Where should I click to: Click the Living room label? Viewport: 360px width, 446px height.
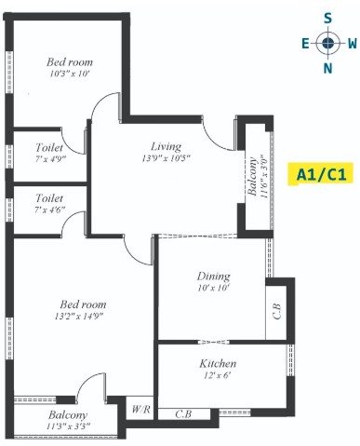[166, 146]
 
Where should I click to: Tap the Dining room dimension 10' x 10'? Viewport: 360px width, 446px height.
[213, 288]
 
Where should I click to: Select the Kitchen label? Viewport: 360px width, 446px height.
[218, 363]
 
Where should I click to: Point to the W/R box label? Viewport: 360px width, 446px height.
[140, 410]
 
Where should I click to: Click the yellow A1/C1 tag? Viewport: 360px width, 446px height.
[321, 174]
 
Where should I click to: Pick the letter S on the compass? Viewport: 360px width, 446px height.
[327, 19]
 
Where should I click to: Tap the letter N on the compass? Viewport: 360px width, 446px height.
[327, 68]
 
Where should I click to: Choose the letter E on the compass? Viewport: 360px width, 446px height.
[305, 44]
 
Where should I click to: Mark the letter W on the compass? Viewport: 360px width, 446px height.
[353, 44]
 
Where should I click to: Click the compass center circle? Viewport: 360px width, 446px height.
[327, 44]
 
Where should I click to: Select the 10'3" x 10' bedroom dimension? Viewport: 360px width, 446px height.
[70, 74]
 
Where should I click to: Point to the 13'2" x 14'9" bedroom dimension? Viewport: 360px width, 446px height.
[79, 317]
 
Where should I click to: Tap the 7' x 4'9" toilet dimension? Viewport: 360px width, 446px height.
[50, 159]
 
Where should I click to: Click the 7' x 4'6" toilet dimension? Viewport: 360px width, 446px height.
[49, 209]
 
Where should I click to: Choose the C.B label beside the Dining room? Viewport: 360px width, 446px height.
[276, 311]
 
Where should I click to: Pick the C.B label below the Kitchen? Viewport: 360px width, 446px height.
[183, 413]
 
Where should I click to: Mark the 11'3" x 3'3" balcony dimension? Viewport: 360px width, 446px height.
[68, 426]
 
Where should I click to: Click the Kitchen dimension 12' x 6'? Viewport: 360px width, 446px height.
[218, 375]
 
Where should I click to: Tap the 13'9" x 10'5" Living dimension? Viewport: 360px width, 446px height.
[166, 158]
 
